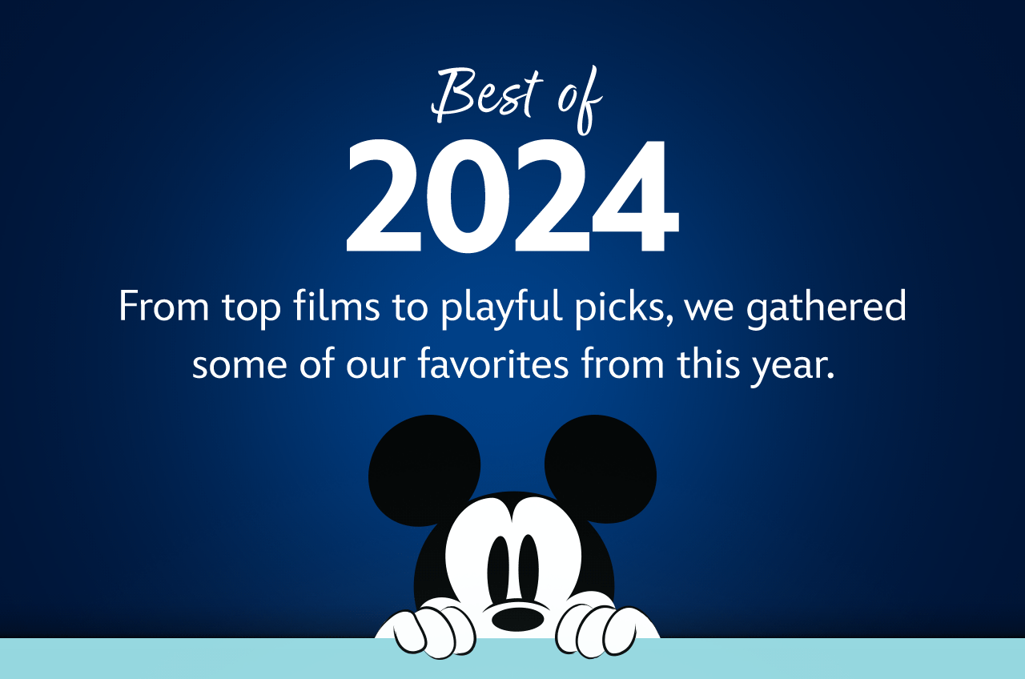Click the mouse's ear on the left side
pyautogui.click(x=424, y=469)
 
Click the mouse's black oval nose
pyautogui.click(x=517, y=617)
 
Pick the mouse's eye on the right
pyautogui.click(x=529, y=564)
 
